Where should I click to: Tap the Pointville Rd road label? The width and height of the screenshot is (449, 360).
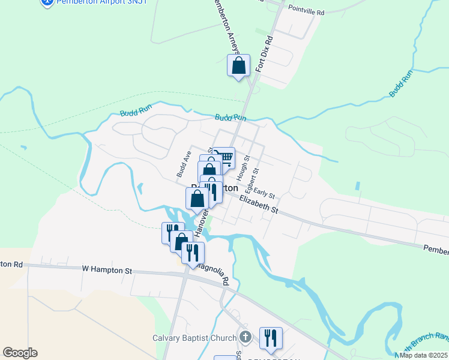(306, 11)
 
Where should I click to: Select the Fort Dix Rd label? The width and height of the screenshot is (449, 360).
(264, 55)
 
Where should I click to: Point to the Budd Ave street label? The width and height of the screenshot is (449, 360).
(183, 163)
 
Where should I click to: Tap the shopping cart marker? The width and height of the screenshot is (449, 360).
(225, 158)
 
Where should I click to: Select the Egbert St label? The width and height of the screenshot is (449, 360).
(255, 178)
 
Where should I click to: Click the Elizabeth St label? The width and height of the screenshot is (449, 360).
(259, 204)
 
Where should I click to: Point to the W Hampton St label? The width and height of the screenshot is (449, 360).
(107, 271)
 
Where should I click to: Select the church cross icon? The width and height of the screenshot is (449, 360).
(244, 337)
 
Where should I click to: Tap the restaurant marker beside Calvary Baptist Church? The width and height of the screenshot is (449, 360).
(270, 337)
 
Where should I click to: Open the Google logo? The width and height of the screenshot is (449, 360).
(20, 352)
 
